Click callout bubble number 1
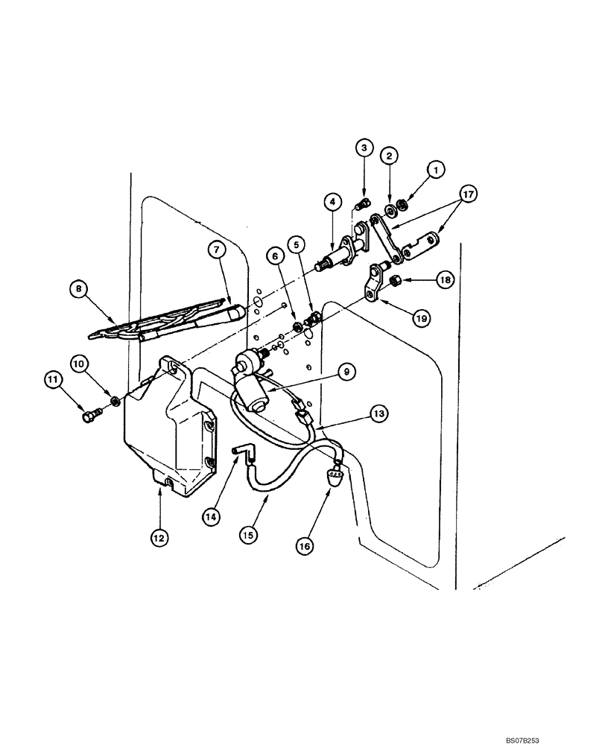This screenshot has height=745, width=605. coord(436,170)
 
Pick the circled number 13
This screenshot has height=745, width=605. coord(378,412)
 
